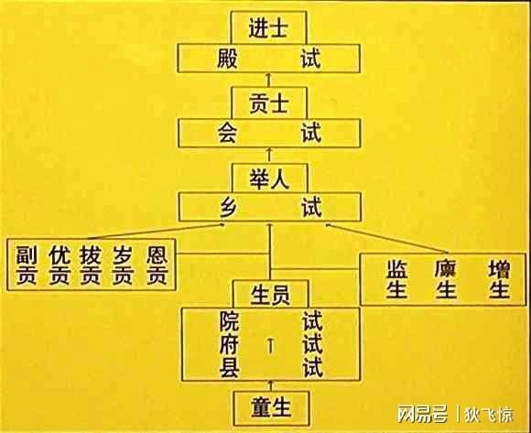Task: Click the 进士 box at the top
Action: tap(268, 27)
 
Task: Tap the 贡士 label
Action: tap(268, 103)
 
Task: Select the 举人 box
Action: tap(269, 179)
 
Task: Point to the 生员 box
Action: tap(271, 294)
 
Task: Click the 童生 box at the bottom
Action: tap(271, 408)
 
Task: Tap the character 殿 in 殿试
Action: tap(227, 59)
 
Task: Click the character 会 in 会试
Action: tap(227, 133)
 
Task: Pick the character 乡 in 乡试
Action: tap(228, 207)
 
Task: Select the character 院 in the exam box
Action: tap(230, 320)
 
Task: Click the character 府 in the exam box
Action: tap(230, 344)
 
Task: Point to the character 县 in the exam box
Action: tap(230, 368)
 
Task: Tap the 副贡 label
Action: tap(27, 265)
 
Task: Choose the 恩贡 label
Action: tap(157, 265)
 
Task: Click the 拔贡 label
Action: tap(91, 265)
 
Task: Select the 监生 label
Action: tap(397, 279)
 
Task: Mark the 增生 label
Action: tap(500, 279)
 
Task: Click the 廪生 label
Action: tap(447, 279)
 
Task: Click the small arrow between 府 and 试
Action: tap(270, 346)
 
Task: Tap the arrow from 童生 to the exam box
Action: tap(271, 386)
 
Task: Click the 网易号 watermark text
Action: tap(423, 414)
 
